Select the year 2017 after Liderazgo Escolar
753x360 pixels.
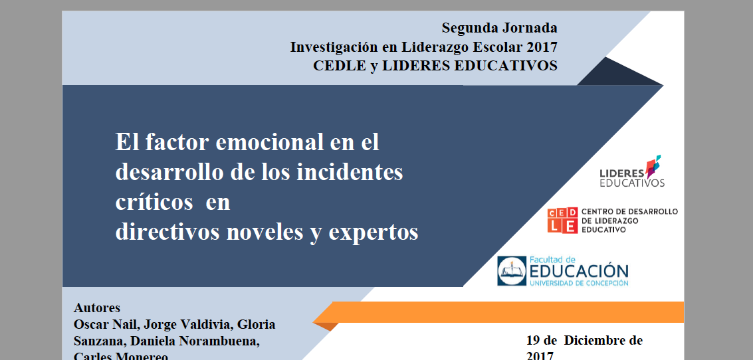pyautogui.click(x=541, y=47)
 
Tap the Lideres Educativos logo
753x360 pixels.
pyautogui.click(x=631, y=172)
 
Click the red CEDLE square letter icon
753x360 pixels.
pyautogui.click(x=562, y=221)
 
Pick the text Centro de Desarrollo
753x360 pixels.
pyautogui.click(x=629, y=212)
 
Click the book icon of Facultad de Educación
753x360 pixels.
pyautogui.click(x=511, y=271)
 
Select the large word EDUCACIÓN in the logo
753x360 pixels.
pyautogui.click(x=578, y=271)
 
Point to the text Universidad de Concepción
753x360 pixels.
pyautogui.click(x=578, y=284)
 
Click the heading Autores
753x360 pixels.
pyautogui.click(x=97, y=308)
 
